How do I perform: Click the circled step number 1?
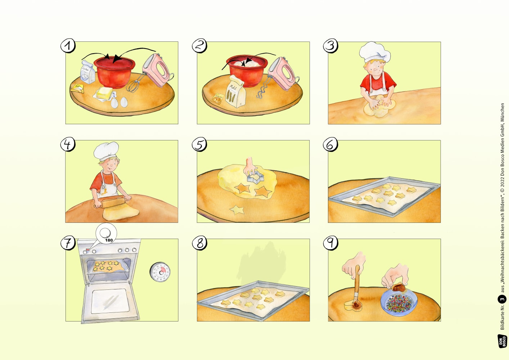pyautogui.click(x=68, y=46)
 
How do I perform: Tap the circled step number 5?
pyautogui.click(x=199, y=144)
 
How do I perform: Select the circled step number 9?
pyautogui.click(x=330, y=243)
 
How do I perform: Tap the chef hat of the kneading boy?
pyautogui.click(x=374, y=52)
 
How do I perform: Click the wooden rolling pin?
pyautogui.click(x=113, y=202)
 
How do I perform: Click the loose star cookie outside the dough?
pyautogui.click(x=237, y=209)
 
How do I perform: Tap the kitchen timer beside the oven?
pyautogui.click(x=160, y=272)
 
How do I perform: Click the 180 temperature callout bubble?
pyautogui.click(x=107, y=234)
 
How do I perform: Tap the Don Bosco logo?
pyautogui.click(x=502, y=341)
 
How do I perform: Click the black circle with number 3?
pyautogui.click(x=502, y=299)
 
